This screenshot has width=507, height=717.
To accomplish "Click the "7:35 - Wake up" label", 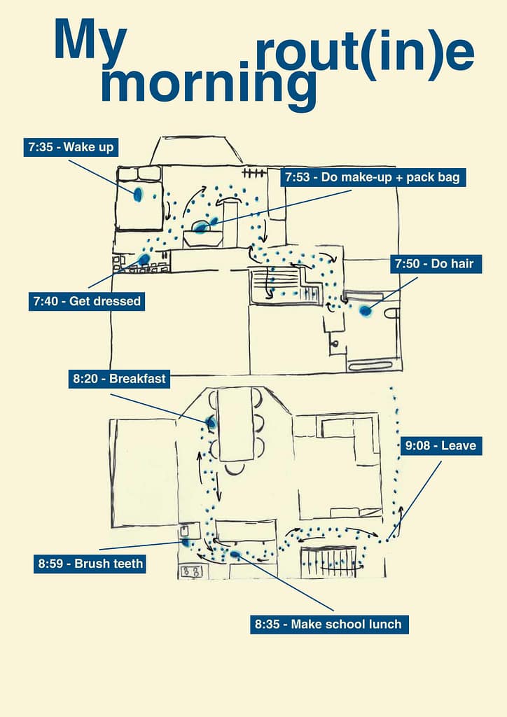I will [x=70, y=148].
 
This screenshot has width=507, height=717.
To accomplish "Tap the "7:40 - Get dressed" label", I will [x=87, y=302].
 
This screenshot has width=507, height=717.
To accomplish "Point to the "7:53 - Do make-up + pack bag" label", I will [x=373, y=178].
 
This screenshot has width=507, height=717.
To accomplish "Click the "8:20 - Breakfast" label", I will [x=119, y=379].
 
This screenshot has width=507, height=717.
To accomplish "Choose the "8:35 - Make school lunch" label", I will [x=329, y=624].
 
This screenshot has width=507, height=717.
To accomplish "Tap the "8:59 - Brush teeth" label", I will [x=90, y=564].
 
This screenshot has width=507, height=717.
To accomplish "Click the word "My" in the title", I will [x=90, y=40].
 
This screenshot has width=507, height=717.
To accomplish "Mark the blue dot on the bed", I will [x=138, y=194].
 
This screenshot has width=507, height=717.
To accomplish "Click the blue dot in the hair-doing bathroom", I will [x=365, y=310].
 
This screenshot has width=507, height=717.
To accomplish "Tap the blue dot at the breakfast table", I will [x=211, y=422].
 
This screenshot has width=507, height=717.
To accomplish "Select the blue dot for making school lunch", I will [x=235, y=554].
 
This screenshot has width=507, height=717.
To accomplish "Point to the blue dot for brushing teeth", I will [x=186, y=541].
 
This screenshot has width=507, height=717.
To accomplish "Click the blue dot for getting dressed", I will [x=144, y=259].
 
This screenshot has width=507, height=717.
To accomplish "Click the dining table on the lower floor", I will [x=236, y=424].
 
